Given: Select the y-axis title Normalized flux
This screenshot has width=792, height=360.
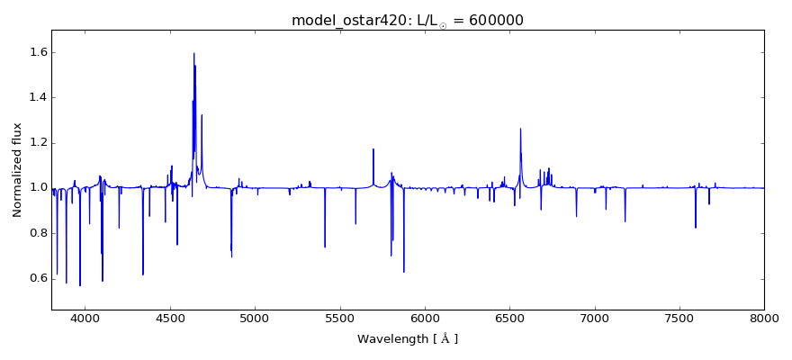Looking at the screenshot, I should pos(18,170).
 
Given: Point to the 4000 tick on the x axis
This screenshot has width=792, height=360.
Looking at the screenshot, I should pos(85,318).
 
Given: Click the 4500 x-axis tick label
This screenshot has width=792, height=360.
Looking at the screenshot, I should pos(170,318).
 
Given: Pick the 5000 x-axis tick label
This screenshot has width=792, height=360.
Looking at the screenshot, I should pos(255,318).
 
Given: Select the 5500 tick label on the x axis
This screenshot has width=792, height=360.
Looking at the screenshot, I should pos(339,318).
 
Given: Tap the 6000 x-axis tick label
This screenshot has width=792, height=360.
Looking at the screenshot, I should pos(425,318).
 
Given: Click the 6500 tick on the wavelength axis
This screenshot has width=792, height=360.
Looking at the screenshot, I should pos(509,318).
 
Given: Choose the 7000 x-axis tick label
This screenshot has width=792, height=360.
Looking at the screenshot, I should pos(595,318).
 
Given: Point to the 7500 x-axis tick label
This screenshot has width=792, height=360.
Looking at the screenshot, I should pos(679,318).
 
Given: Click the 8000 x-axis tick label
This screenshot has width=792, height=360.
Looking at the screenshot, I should pos(764,318).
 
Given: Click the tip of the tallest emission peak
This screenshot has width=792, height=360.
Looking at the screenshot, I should pos(193,53).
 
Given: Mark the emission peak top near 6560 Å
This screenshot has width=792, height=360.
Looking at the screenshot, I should pos(520,129).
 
